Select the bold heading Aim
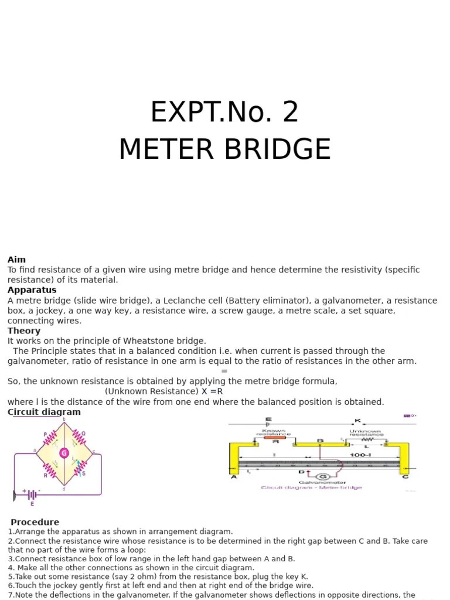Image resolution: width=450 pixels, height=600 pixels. point(16,260)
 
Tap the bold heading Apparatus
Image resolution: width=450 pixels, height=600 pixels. point(32,290)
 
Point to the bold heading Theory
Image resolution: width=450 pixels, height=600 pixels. point(24,331)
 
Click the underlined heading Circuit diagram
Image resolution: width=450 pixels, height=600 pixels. point(44,412)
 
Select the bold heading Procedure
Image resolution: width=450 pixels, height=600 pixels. point(35,522)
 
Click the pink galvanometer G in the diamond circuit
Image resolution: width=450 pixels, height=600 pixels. point(64,453)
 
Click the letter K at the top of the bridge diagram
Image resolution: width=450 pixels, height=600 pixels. point(357,420)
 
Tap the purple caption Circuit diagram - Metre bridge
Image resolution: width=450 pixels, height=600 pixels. point(311,487)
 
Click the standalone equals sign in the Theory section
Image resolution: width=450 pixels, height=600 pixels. point(224,371)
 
